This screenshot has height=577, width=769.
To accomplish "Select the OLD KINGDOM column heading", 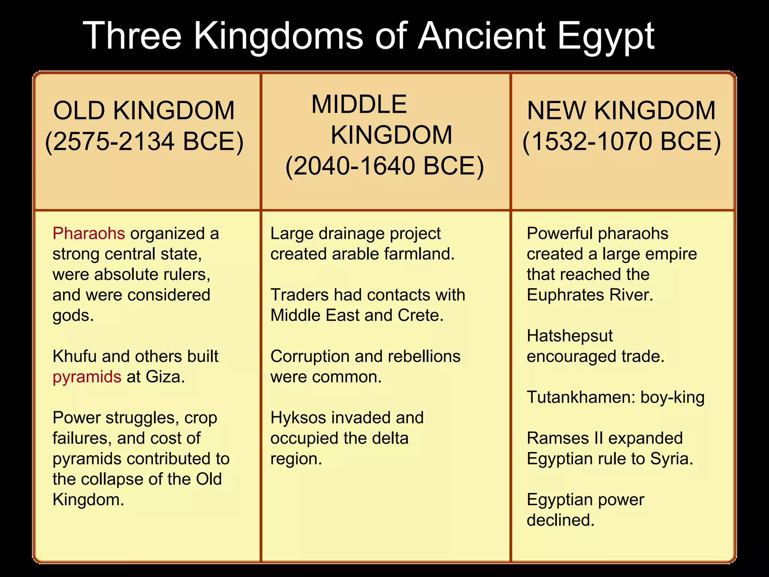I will click(x=144, y=111).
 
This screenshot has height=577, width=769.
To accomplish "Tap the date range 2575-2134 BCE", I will click(x=145, y=142).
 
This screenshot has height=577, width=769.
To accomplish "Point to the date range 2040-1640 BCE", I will click(x=384, y=166).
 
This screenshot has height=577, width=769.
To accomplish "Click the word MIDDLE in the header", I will click(x=359, y=104).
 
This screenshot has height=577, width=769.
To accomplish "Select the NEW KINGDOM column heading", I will click(x=621, y=111).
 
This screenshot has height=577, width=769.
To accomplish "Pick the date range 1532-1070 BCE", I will click(x=621, y=142).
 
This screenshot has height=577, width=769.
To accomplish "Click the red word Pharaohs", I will click(x=89, y=234).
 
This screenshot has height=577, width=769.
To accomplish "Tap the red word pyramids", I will click(x=87, y=377).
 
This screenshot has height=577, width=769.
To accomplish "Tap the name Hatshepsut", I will click(x=570, y=336).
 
